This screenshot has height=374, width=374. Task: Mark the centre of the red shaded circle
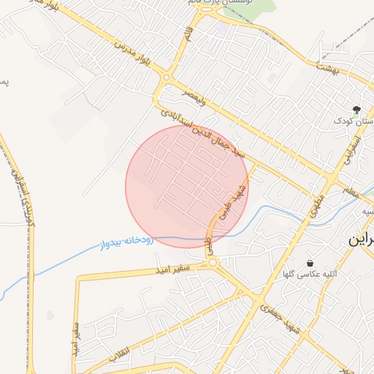187,187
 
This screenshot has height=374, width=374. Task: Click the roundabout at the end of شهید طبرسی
213,262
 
